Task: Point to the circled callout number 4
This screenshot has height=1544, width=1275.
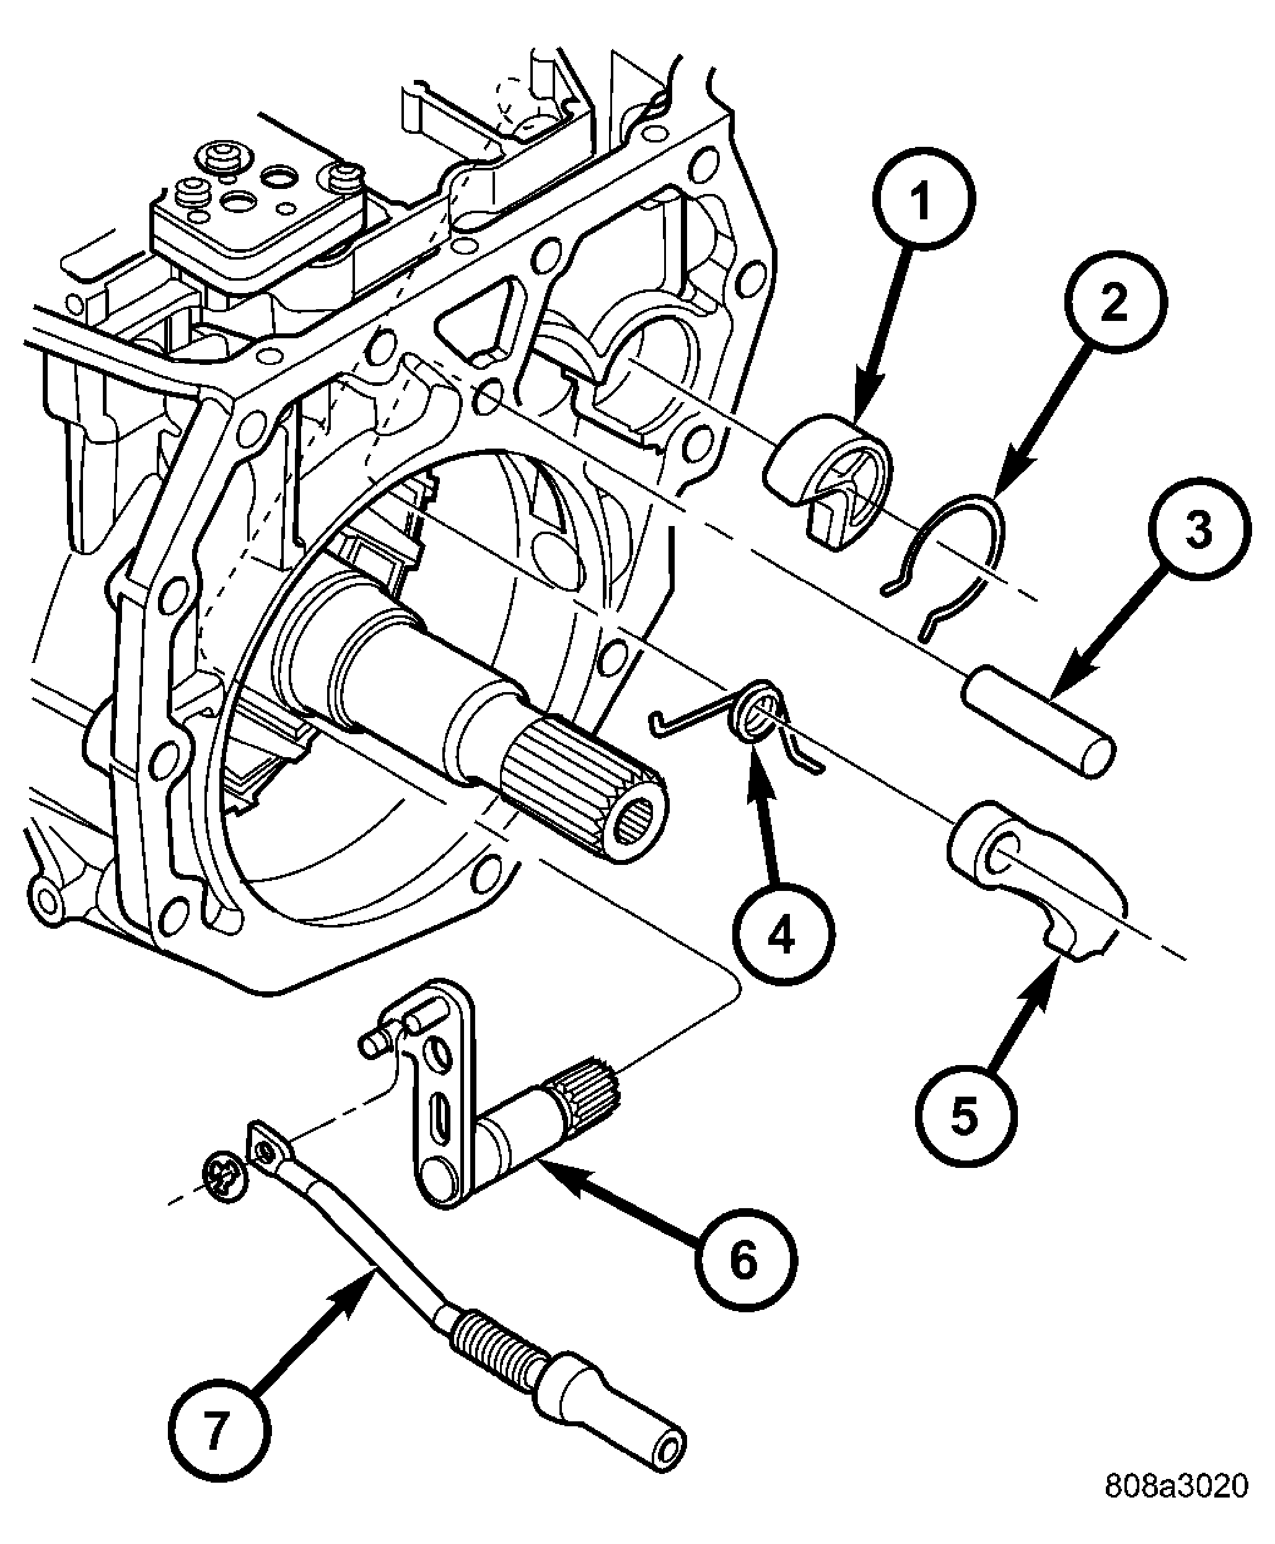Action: [783, 935]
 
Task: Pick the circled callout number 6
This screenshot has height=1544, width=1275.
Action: [745, 1260]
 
